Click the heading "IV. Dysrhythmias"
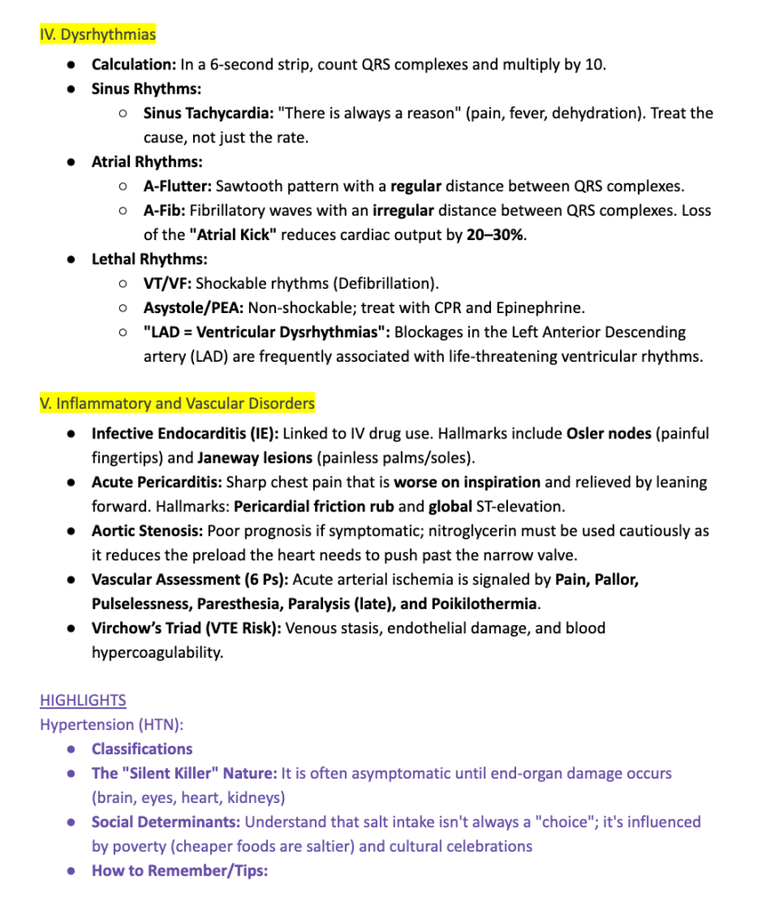(x=97, y=35)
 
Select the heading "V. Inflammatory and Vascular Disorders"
(x=177, y=403)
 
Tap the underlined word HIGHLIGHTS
(x=83, y=700)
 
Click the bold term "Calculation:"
(x=134, y=65)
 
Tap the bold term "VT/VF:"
(x=167, y=283)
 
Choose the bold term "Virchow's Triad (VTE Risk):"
(x=186, y=628)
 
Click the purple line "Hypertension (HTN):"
(x=111, y=725)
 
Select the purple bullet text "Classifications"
(x=142, y=749)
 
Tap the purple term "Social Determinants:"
(x=165, y=822)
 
